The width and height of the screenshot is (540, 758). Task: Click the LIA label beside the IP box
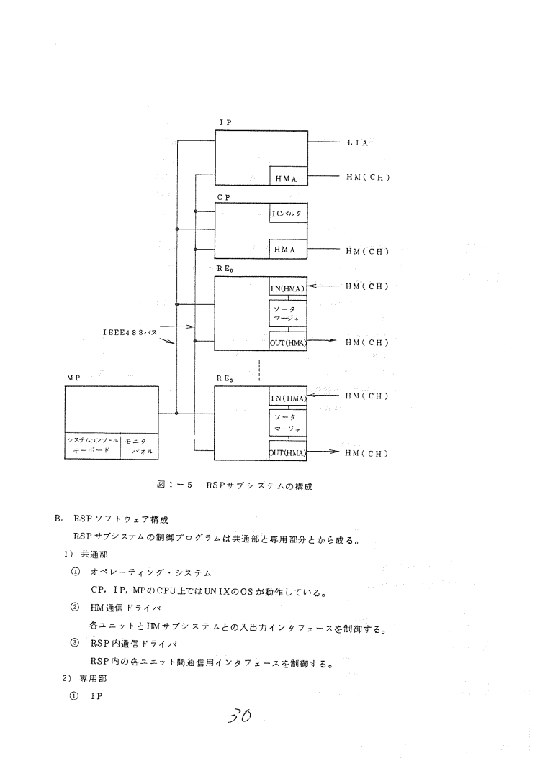[x=358, y=143]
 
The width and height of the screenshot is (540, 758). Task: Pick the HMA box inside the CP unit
[x=287, y=250]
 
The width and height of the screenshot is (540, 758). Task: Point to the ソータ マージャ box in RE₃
[x=287, y=421]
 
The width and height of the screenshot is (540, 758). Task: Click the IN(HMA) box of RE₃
[x=287, y=398]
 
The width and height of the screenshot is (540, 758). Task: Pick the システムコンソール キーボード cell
[x=89, y=445]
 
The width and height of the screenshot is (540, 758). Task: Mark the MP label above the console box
[x=73, y=377]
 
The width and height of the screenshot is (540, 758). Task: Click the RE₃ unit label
[x=225, y=377]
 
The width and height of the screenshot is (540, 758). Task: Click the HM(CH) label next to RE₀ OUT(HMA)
[x=367, y=342]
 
